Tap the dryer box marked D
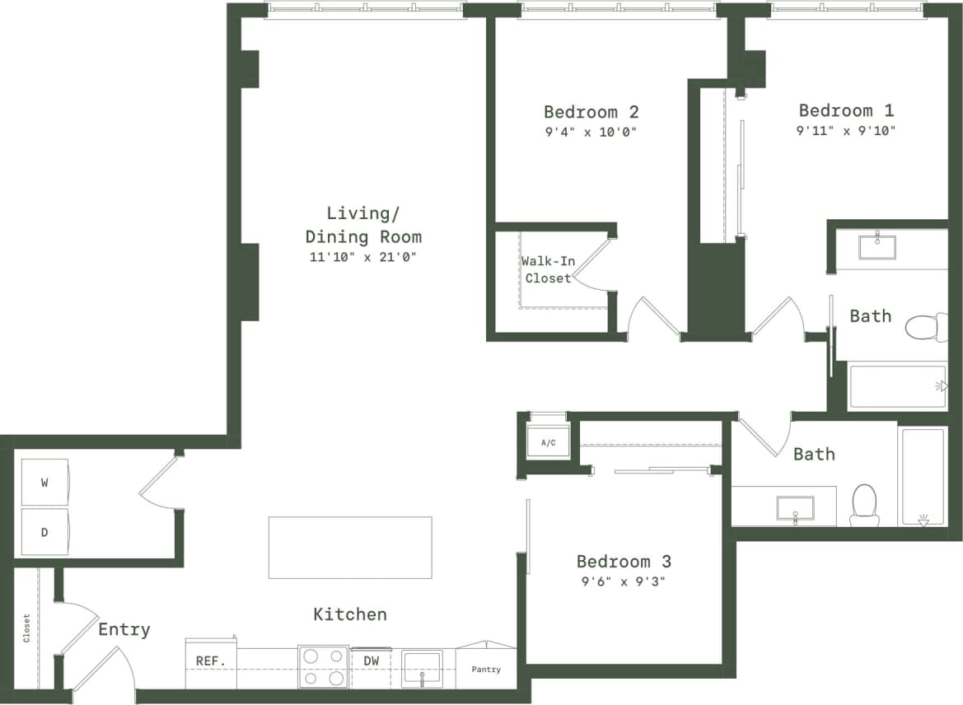(44, 532)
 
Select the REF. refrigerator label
(210, 661)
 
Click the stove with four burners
(323, 666)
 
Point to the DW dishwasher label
(371, 661)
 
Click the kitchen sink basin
(422, 667)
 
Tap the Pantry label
(486, 670)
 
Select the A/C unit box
(548, 443)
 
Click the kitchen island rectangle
(350, 547)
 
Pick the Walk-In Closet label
(548, 269)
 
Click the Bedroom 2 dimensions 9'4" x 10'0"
(591, 132)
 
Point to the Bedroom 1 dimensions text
(846, 130)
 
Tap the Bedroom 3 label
(624, 562)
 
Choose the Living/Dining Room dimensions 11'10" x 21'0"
(362, 257)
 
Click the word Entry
(124, 630)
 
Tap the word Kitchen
(350, 614)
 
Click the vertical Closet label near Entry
(27, 628)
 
